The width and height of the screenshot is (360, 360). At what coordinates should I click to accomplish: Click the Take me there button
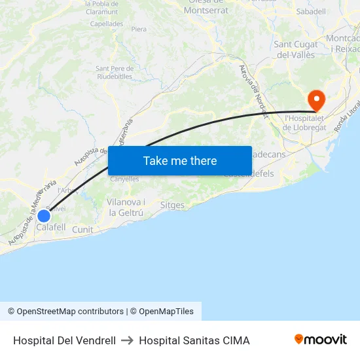[180, 160]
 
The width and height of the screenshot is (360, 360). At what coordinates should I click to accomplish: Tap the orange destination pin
[316, 100]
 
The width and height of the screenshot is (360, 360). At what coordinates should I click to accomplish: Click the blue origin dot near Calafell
[44, 215]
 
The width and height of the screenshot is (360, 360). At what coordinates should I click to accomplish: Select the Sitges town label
[172, 205]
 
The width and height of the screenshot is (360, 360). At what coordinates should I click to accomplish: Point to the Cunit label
[82, 230]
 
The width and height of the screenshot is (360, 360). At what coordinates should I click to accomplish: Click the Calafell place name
[51, 227]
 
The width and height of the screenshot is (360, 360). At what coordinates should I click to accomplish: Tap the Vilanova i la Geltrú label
[126, 207]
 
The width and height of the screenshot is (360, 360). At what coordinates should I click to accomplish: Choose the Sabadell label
[311, 12]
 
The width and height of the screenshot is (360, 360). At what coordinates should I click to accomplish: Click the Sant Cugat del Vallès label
[296, 50]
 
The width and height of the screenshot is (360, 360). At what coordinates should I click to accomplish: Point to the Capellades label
[107, 24]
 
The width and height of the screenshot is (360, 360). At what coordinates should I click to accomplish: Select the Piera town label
[139, 29]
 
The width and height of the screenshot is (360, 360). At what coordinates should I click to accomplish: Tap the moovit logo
[321, 339]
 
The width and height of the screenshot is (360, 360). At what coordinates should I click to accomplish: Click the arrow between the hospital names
[127, 340]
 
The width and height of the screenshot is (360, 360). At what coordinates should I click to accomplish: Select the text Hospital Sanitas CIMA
[194, 340]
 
